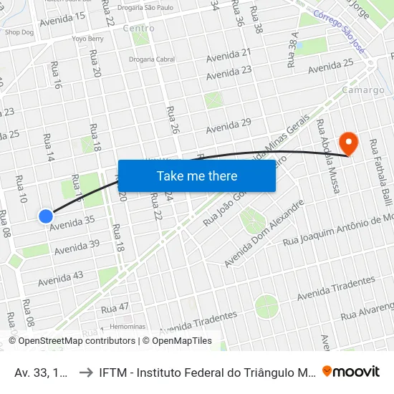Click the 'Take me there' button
click(x=197, y=176)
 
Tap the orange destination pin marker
click(x=349, y=142)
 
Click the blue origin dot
click(x=46, y=216)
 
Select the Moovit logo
click(x=351, y=371)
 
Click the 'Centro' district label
click(x=138, y=29)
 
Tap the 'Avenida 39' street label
click(x=77, y=247)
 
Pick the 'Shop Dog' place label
click(x=19, y=32)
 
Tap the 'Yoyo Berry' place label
click(x=87, y=39)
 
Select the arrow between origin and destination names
click(x=84, y=372)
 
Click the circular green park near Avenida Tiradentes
click(x=266, y=306)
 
